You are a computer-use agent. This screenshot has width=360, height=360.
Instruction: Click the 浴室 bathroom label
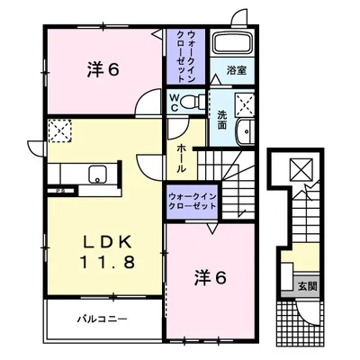point(237,69)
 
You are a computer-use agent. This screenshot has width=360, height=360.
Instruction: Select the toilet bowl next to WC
point(188,102)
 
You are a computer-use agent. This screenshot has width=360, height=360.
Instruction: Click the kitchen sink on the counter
point(75,174)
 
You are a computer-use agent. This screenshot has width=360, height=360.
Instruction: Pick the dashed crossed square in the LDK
point(60,130)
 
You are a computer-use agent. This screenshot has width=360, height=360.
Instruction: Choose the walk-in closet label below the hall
point(193,201)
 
